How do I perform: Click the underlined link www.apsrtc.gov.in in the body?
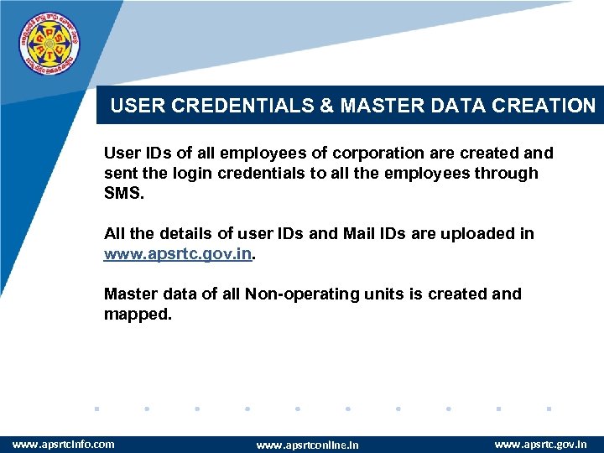click(x=177, y=253)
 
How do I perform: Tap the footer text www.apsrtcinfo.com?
click(x=64, y=443)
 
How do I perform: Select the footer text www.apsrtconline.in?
click(x=307, y=445)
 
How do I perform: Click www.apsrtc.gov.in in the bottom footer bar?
click(x=541, y=443)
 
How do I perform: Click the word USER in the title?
click(x=133, y=106)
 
